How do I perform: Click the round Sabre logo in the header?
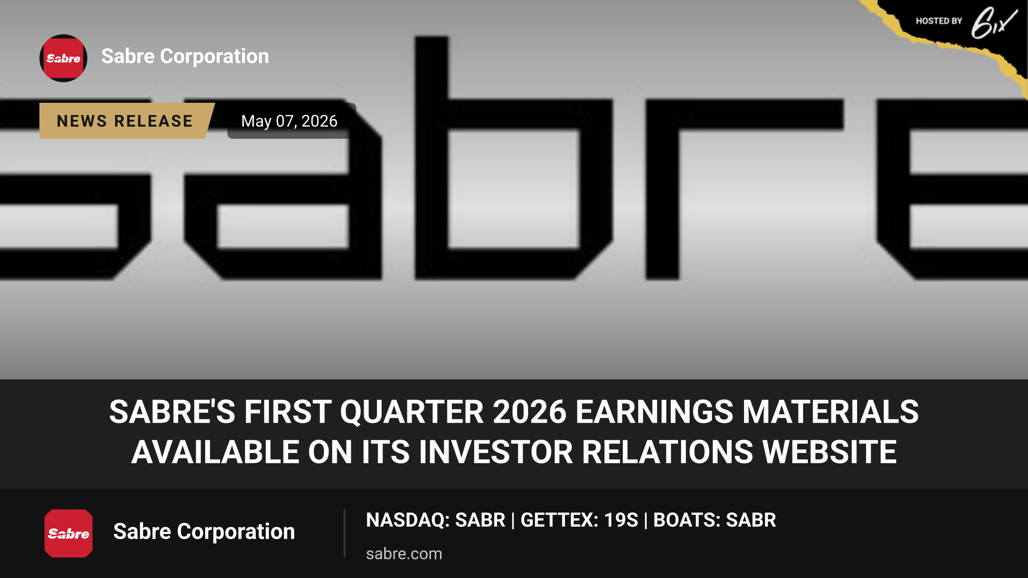tap(63, 58)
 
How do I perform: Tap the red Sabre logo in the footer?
tap(69, 533)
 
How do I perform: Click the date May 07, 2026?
tap(289, 121)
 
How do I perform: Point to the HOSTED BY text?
tap(939, 21)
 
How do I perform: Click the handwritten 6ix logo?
tap(994, 23)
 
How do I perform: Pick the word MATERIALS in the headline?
tap(831, 412)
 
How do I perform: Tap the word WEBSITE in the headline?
tap(830, 452)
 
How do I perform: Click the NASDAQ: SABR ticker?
tap(436, 520)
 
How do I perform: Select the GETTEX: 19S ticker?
tap(579, 520)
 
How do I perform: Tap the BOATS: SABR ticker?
tap(714, 520)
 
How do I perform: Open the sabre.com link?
tap(404, 554)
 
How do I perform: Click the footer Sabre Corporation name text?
tap(204, 532)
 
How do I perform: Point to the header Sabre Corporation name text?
tap(185, 57)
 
